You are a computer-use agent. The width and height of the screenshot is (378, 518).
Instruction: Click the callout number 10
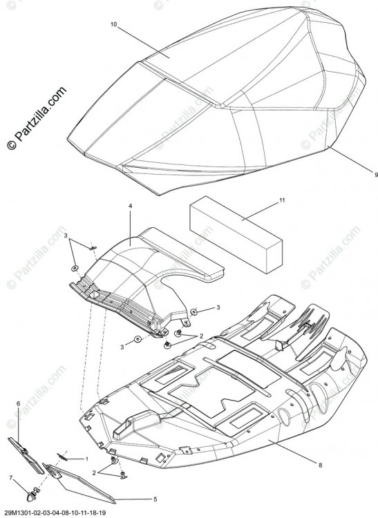click(113, 24)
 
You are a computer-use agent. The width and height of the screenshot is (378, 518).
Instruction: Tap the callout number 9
click(376, 175)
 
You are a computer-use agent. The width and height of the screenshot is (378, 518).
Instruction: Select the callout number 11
click(282, 200)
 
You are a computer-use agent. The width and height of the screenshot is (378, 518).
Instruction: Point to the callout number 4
click(130, 206)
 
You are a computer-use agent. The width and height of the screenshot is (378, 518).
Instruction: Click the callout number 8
click(320, 465)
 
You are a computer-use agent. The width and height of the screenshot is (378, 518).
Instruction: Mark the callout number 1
click(87, 459)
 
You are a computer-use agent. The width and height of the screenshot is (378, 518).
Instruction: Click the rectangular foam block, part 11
click(236, 235)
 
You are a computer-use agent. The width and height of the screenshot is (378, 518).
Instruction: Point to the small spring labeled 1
click(62, 457)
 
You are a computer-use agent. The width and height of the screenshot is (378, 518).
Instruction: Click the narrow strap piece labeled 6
click(26, 456)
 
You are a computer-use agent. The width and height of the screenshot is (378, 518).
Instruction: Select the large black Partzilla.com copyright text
click(36, 118)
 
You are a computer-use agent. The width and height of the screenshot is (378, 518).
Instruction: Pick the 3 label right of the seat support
click(218, 307)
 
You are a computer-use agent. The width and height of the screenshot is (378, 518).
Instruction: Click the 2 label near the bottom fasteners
click(94, 473)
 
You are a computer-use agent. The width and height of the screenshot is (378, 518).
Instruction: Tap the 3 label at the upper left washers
click(66, 236)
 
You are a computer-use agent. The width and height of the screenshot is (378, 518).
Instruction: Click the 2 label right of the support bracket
click(201, 336)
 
